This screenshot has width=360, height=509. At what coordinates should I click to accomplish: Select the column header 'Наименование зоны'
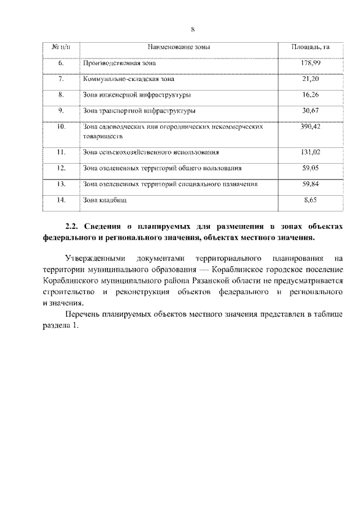[x=179, y=47]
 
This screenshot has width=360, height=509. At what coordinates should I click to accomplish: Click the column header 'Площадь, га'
[x=310, y=47]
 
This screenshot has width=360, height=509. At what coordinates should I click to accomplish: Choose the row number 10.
[x=62, y=128]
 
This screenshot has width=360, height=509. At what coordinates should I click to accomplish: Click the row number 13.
[x=62, y=183]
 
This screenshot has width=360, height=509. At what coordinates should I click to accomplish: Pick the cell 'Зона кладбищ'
[x=101, y=200]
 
